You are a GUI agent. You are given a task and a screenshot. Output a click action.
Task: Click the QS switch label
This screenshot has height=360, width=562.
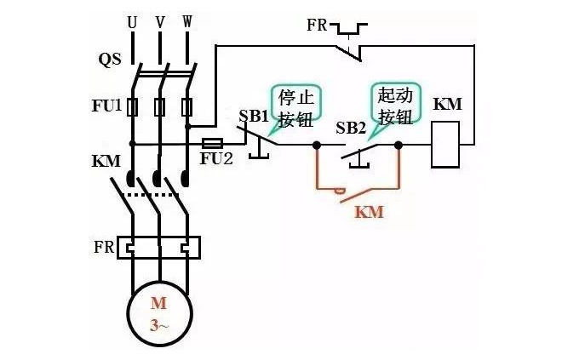point(110,61)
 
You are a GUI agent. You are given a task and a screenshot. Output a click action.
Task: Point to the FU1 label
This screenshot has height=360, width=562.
point(107,107)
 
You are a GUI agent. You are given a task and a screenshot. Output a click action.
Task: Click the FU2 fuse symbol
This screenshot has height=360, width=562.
point(212,144)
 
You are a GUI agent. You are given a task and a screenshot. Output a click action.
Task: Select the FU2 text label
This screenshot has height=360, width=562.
point(216,160)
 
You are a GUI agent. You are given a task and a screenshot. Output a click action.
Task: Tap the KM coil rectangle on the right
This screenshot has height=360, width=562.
point(447,144)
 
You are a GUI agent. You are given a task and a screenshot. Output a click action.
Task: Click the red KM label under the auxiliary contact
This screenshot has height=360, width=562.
point(368,212)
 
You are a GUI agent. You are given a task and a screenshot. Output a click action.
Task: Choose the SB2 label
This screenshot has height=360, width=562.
point(351,127)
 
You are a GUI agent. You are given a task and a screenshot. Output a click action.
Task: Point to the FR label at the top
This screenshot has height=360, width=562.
point(318,23)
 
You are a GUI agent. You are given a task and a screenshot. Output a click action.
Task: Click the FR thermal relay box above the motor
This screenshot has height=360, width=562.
point(160,248)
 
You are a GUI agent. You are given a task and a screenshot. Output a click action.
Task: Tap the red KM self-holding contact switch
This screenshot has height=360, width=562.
point(358,192)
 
